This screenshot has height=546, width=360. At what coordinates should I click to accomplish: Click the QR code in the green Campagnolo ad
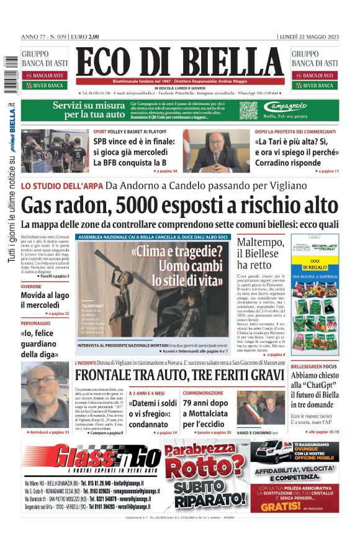point(248,111)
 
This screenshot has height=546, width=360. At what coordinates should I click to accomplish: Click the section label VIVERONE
point(31,286)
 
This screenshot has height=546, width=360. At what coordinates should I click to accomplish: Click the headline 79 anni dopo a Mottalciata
point(207,412)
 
